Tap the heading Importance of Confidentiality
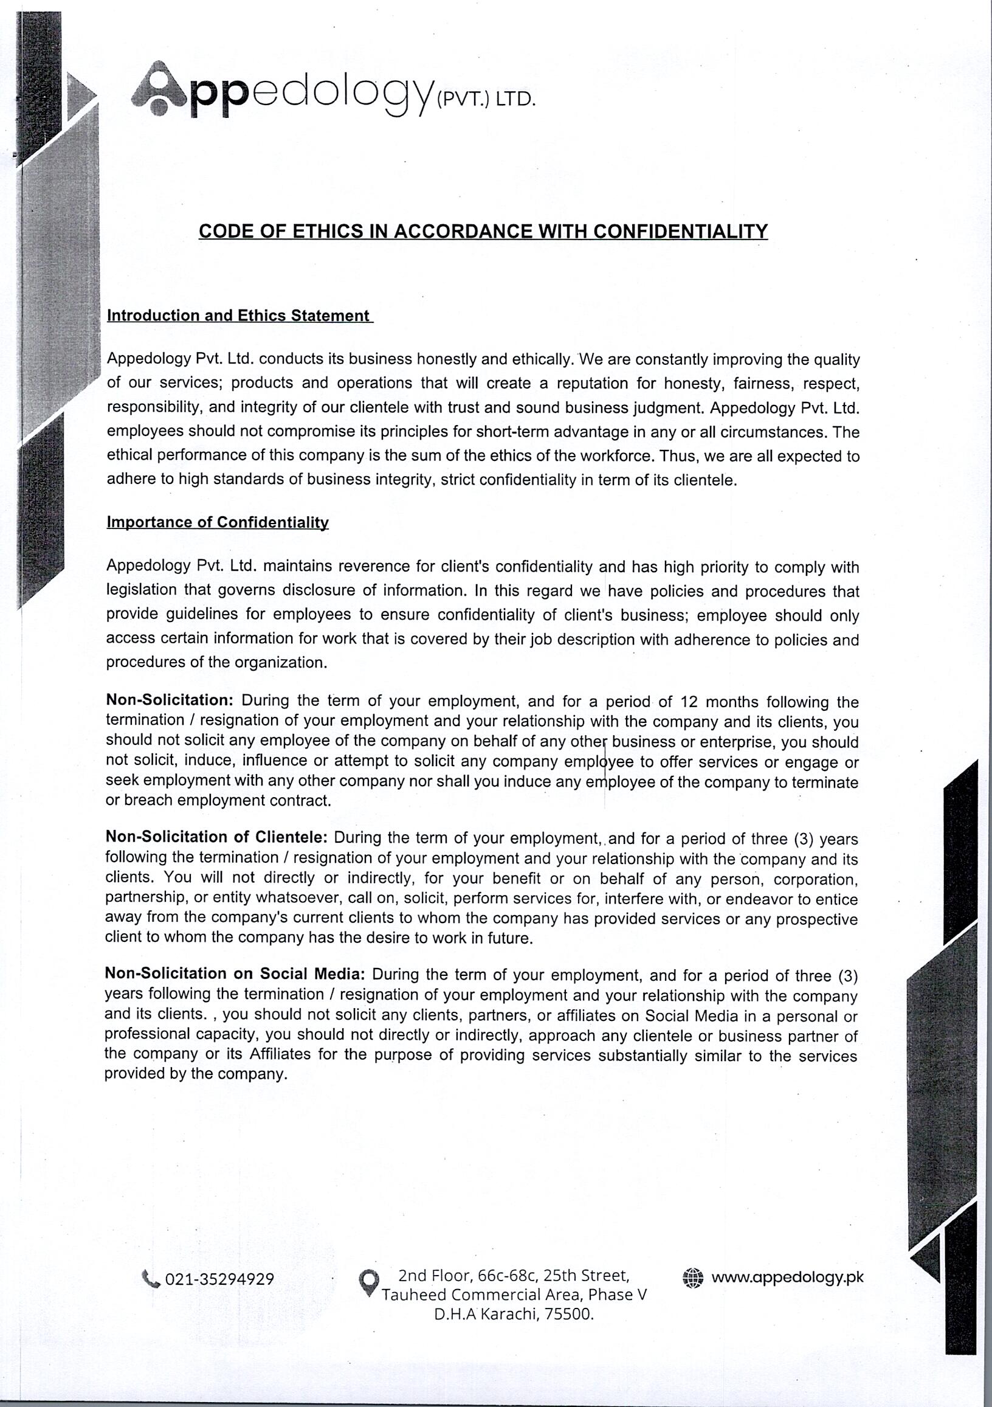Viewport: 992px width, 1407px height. [218, 522]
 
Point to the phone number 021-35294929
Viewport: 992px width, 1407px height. [219, 1279]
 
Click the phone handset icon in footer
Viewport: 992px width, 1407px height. [151, 1278]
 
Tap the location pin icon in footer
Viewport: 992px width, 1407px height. [368, 1281]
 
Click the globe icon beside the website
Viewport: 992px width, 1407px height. [693, 1277]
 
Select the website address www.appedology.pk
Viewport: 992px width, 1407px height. [787, 1277]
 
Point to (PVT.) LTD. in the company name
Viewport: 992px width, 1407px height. [485, 100]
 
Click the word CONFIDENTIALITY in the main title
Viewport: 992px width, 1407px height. [680, 231]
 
